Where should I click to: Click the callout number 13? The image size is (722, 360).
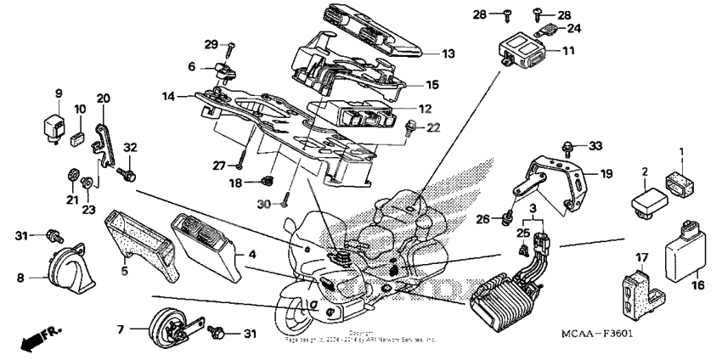pyautogui.click(x=448, y=53)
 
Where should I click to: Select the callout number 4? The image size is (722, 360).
pyautogui.click(x=251, y=253)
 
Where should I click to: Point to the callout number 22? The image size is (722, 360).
pyautogui.click(x=434, y=127)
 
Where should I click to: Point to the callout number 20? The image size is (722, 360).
pyautogui.click(x=104, y=98)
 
